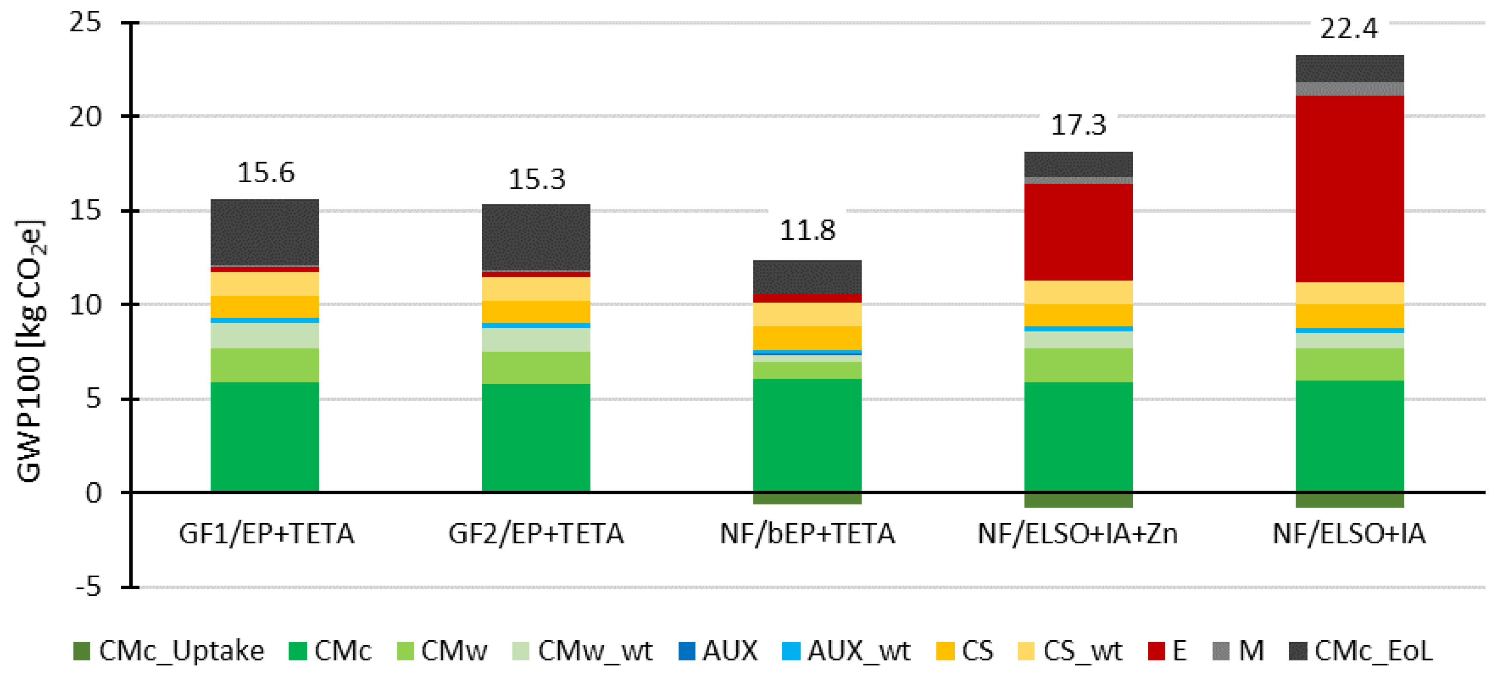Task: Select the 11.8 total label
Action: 807,231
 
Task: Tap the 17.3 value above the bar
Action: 1078,126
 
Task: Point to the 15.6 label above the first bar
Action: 266,173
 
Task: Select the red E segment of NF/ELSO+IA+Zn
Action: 1078,232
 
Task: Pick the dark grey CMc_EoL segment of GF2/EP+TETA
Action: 536,237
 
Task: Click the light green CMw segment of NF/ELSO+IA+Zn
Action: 1078,365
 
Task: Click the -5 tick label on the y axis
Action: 89,587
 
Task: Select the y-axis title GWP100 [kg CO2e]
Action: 29,350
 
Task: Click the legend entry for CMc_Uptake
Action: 168,651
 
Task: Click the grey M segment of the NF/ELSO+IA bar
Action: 1349,89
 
